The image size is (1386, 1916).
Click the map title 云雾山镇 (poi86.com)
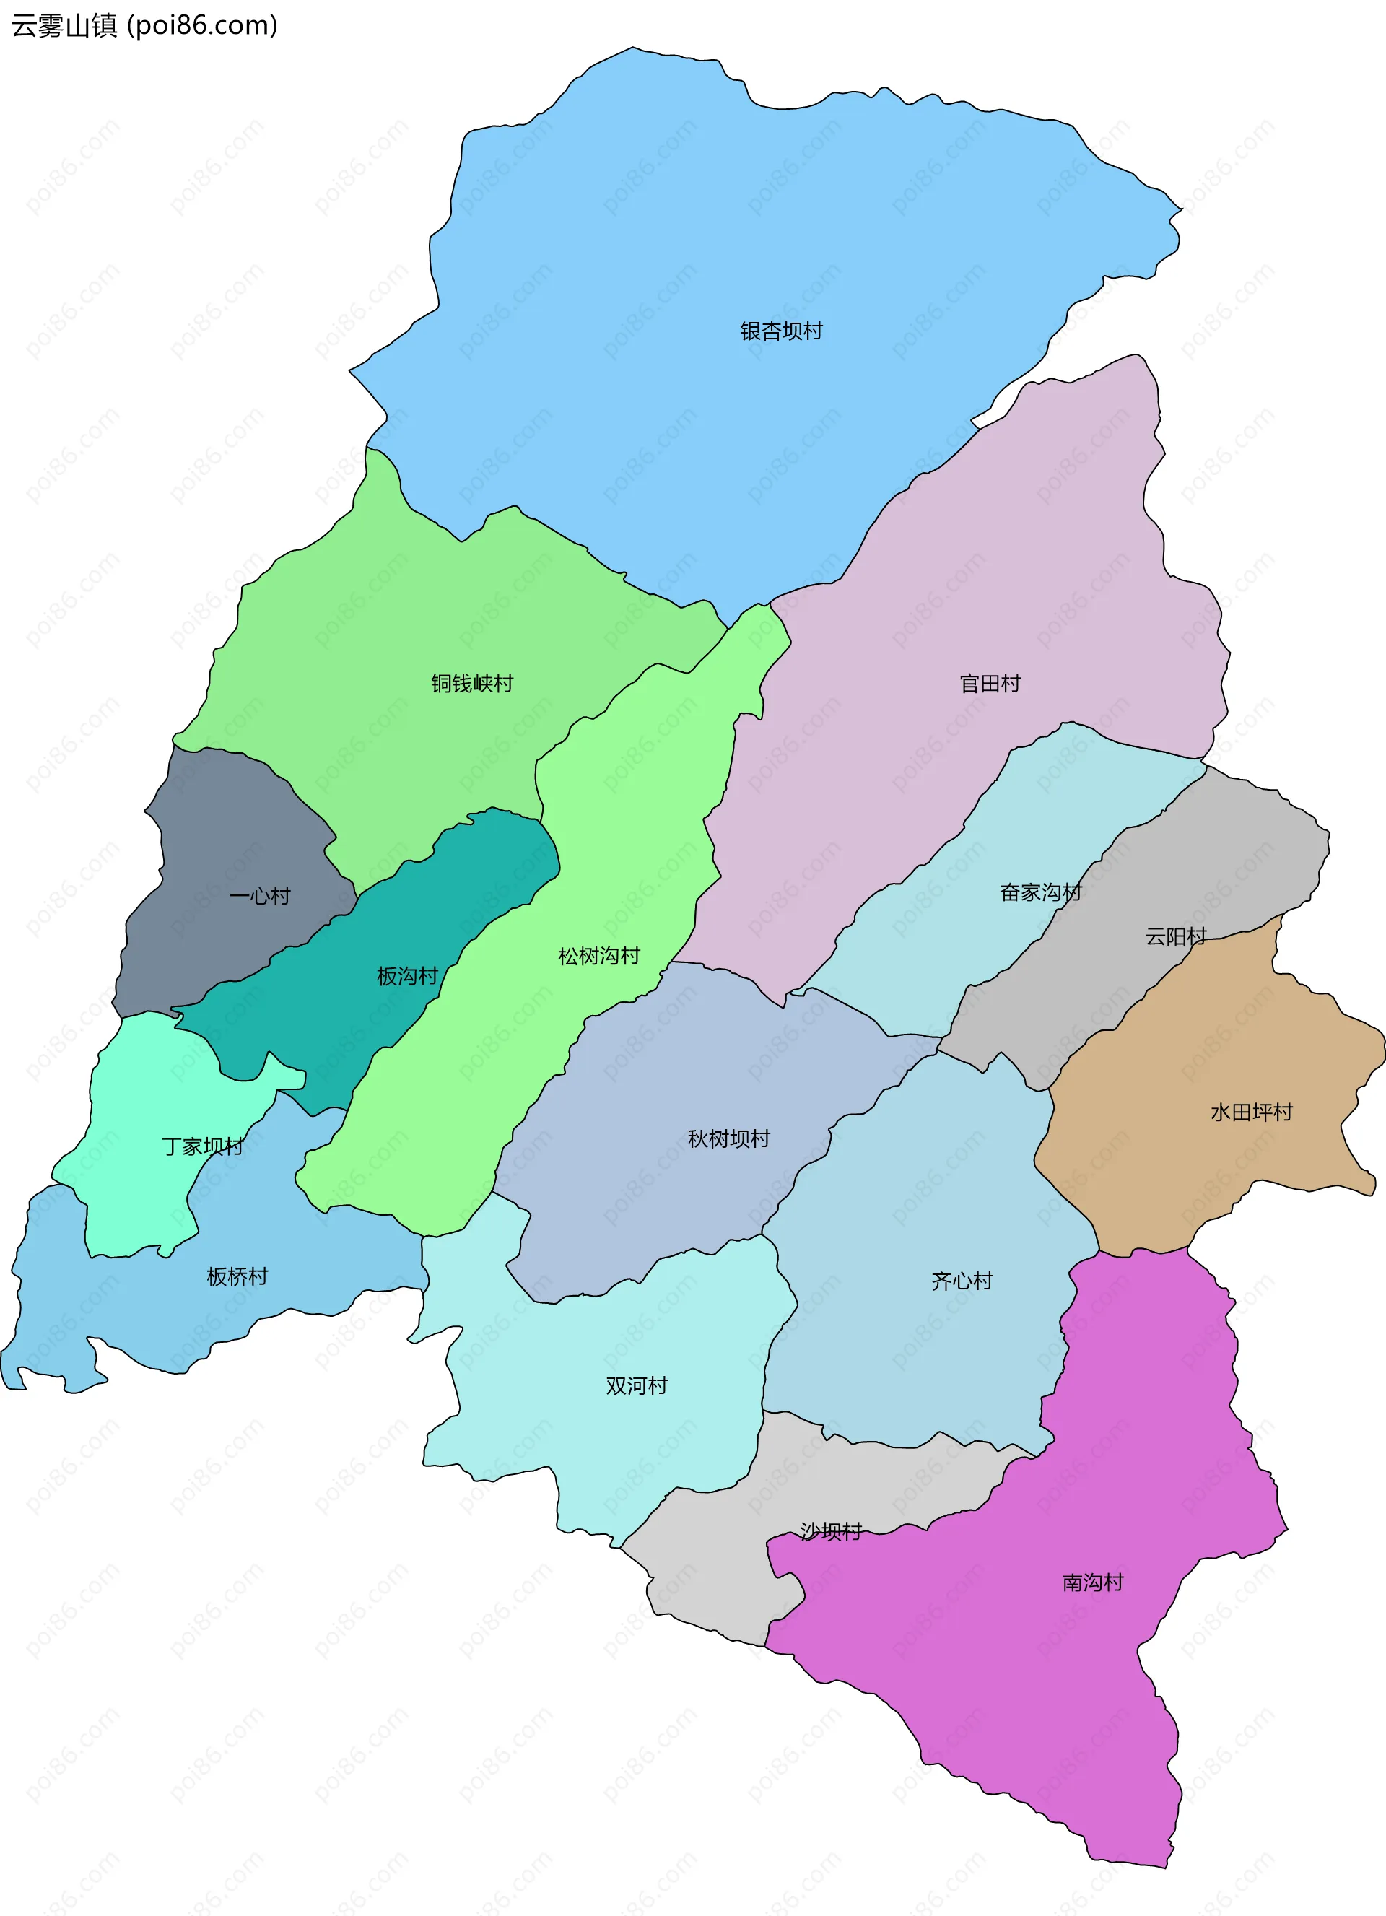coord(144,26)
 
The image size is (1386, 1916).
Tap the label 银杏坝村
coord(781,331)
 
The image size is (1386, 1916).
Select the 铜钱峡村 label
coord(472,684)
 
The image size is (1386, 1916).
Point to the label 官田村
coord(990,684)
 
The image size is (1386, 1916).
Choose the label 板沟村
coord(407,977)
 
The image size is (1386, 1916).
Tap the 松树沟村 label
coord(599,957)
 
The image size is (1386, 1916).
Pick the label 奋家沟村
coord(1040,893)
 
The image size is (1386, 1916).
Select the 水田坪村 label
coord(1251,1112)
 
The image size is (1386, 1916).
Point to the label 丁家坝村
coord(203,1147)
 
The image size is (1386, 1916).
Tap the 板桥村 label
coord(237,1276)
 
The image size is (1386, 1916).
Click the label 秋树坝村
coord(729,1138)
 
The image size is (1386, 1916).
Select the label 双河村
coord(636,1385)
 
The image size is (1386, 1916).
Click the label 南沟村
coord(1093,1582)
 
